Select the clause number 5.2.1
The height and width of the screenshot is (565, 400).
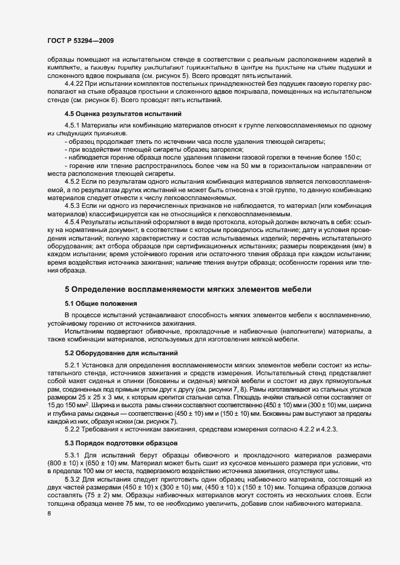pos(74,366)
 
